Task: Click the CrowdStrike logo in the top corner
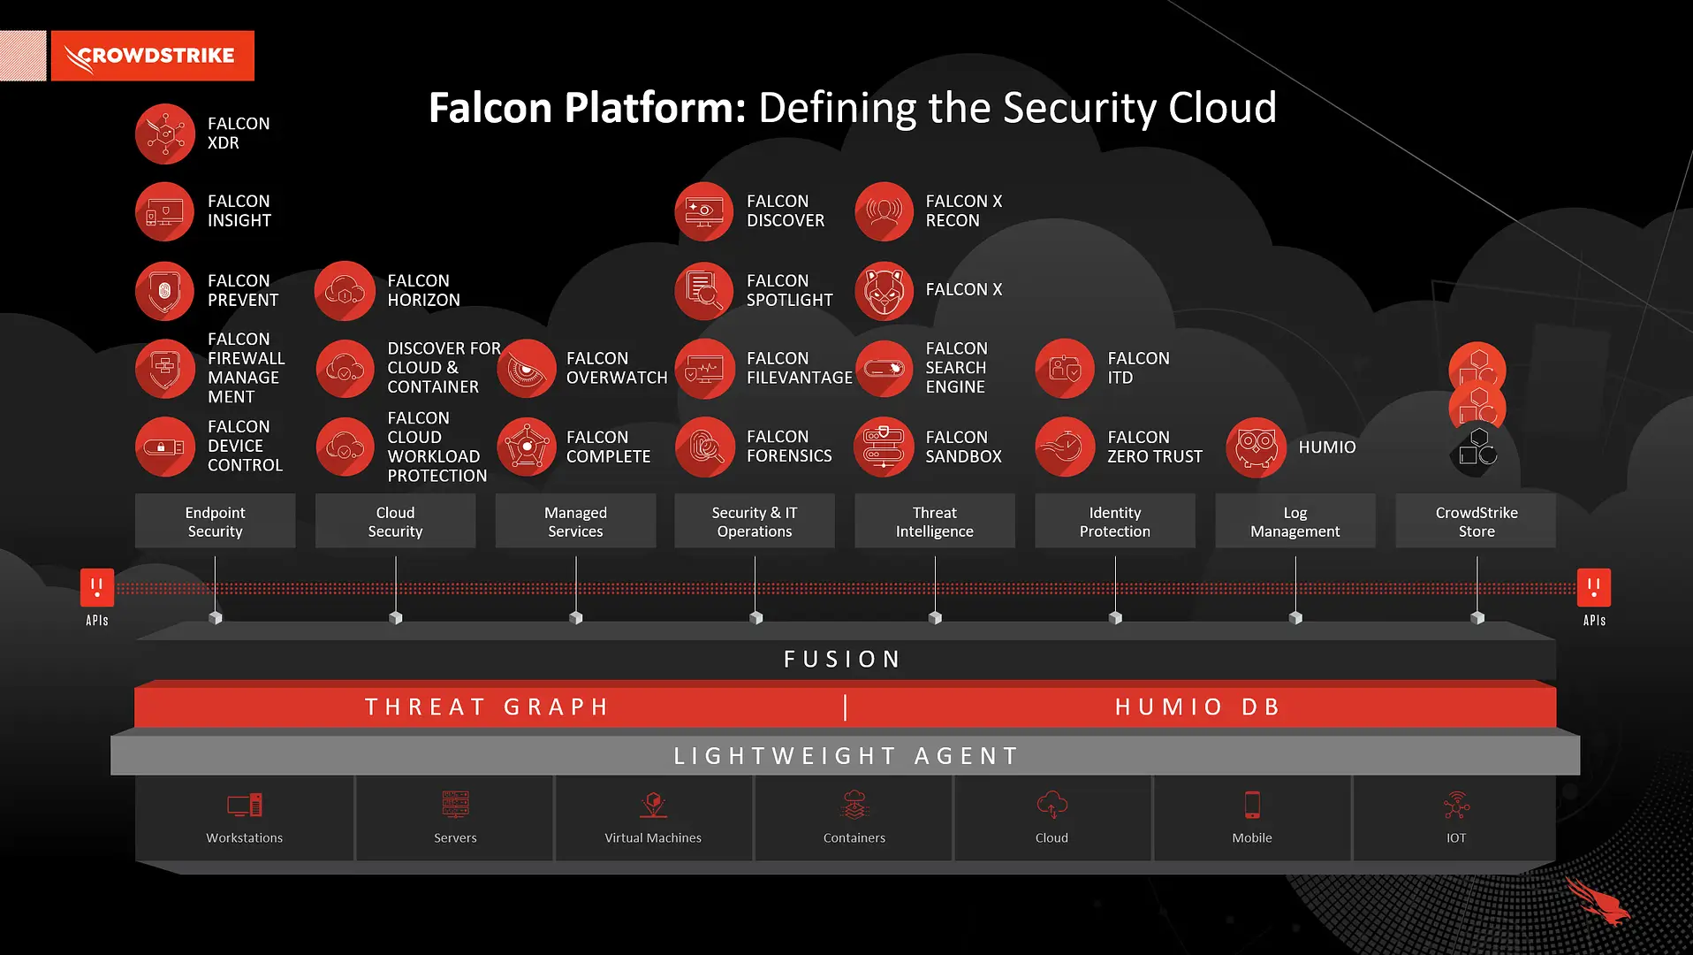(x=152, y=56)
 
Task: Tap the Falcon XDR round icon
(x=165, y=134)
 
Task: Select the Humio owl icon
(x=1256, y=447)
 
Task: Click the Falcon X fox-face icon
(x=884, y=291)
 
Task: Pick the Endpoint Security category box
(x=215, y=522)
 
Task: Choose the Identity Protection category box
(x=1114, y=522)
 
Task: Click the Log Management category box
(x=1294, y=522)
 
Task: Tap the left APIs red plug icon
(x=97, y=587)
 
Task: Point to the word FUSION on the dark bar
(x=842, y=660)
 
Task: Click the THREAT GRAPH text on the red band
(x=488, y=707)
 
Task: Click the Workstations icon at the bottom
(x=245, y=805)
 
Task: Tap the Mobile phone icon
(x=1252, y=805)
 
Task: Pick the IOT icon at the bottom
(x=1456, y=806)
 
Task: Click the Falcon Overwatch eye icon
(x=526, y=369)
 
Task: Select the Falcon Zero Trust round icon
(x=1065, y=447)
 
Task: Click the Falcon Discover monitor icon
(x=704, y=211)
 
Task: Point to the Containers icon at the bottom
(x=854, y=805)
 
